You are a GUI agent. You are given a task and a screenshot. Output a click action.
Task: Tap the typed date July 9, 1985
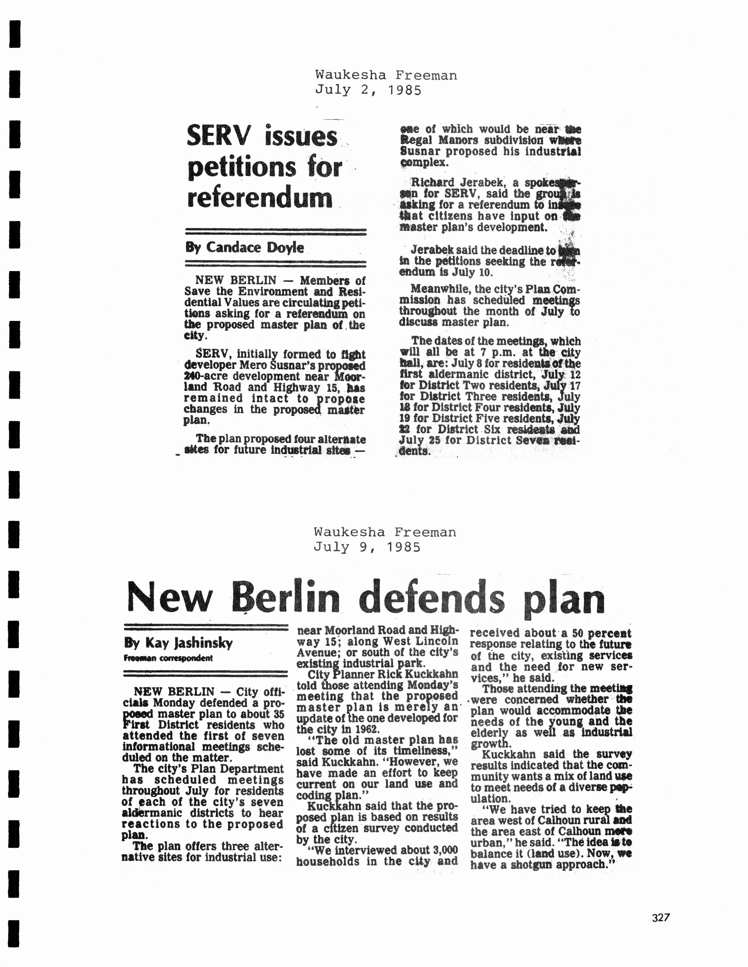coord(367,547)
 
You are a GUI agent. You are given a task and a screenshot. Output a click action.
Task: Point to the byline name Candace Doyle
coord(255,248)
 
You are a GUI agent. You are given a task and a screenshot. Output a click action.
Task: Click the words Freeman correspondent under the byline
coord(168,658)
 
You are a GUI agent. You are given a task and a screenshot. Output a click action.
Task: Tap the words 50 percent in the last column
coord(602,634)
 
